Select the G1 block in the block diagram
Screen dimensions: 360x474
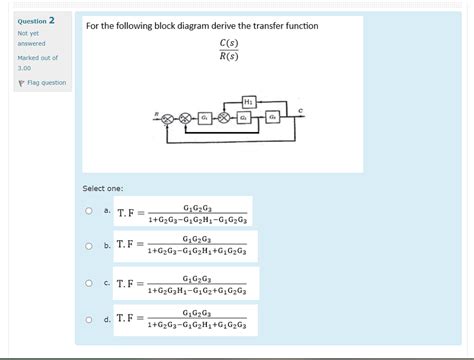204,117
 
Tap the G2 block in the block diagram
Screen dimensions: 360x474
243,117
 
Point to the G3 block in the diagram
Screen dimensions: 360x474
272,117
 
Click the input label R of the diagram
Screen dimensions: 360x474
156,113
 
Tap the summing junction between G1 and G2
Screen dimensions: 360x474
223,117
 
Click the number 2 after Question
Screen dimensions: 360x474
51,20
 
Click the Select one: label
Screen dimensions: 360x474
103,188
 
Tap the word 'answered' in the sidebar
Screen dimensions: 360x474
31,43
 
